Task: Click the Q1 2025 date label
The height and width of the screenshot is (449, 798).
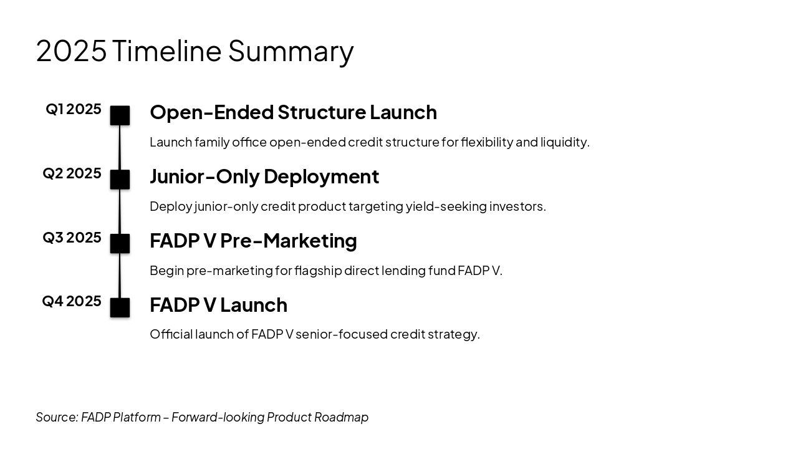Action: (74, 109)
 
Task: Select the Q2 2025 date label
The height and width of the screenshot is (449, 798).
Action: (72, 173)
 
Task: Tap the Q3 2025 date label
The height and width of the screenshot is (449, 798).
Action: (72, 238)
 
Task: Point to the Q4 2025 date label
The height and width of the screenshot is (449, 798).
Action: (72, 301)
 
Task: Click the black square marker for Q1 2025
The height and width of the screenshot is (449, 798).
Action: (120, 115)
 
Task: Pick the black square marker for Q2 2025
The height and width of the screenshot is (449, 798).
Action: (120, 179)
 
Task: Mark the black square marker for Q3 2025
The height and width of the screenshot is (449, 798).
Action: (120, 243)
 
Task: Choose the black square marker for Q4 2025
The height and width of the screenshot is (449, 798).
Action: (120, 307)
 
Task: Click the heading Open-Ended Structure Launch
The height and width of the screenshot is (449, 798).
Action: (293, 112)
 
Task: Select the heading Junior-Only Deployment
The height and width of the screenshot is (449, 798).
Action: (264, 176)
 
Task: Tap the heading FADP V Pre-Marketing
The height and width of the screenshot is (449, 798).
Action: (253, 241)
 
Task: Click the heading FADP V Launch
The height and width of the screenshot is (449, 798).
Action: (218, 305)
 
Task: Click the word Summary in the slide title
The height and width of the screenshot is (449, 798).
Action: (291, 52)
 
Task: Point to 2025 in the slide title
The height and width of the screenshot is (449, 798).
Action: (71, 51)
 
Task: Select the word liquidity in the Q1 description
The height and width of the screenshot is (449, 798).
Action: (565, 142)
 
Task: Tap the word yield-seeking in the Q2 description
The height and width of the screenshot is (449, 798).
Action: (446, 206)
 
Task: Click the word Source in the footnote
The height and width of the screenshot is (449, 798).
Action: (57, 417)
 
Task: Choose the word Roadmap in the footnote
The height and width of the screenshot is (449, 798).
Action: (341, 417)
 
